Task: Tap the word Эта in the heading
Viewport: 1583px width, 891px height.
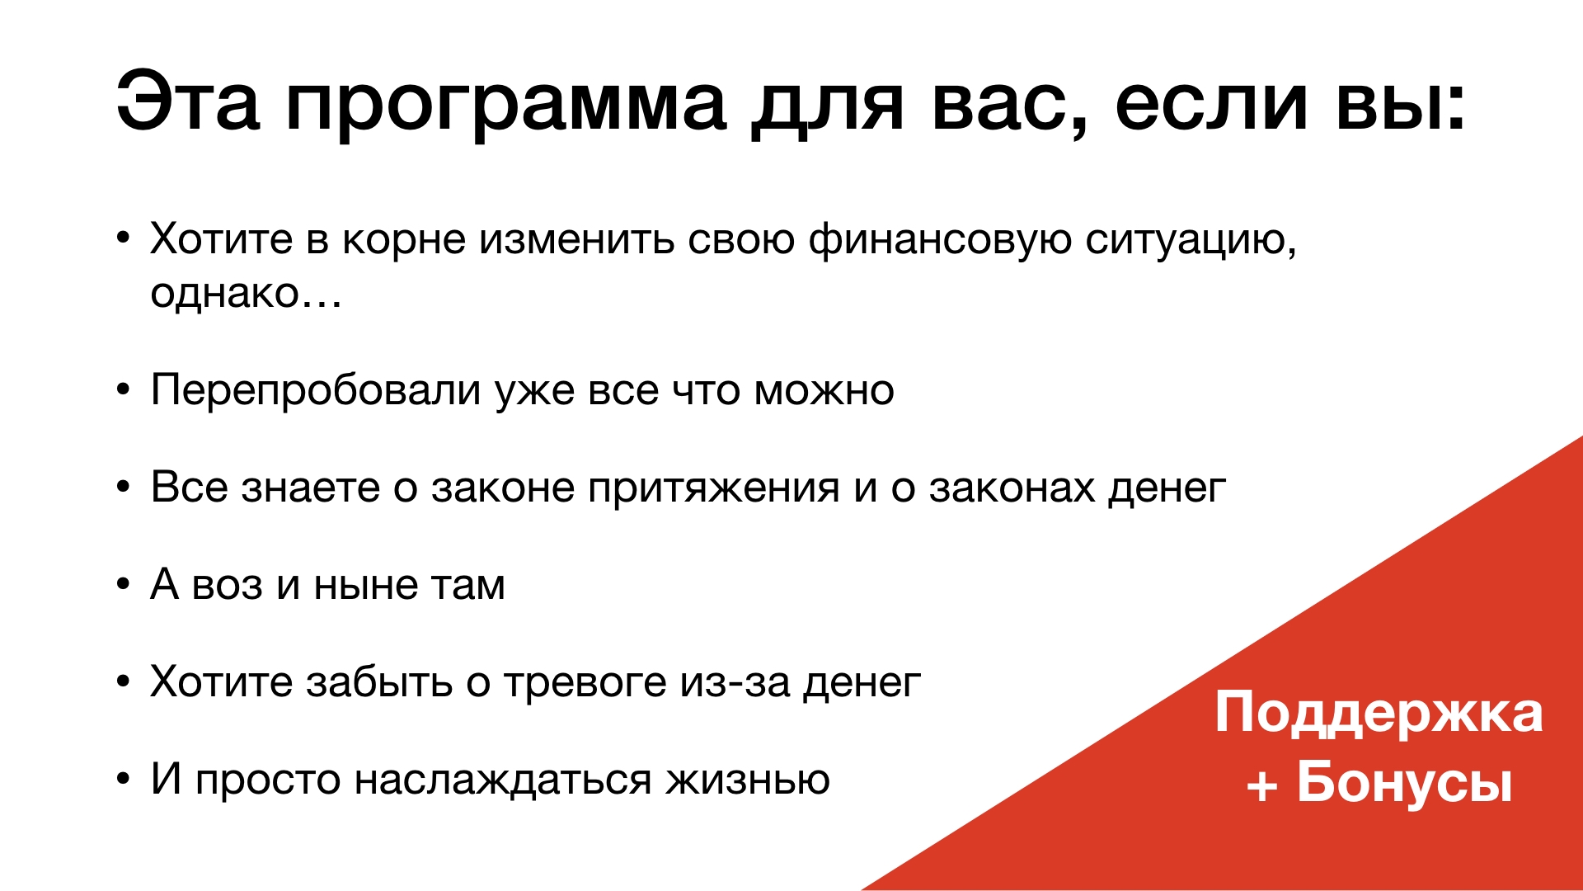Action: (188, 101)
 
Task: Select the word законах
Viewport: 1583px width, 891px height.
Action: (1012, 488)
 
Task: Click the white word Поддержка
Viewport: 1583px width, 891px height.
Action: (1379, 714)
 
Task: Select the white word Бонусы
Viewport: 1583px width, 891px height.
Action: (1405, 781)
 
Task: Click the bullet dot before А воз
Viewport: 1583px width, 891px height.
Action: (124, 585)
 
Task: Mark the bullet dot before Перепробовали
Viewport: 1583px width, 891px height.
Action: (124, 390)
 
